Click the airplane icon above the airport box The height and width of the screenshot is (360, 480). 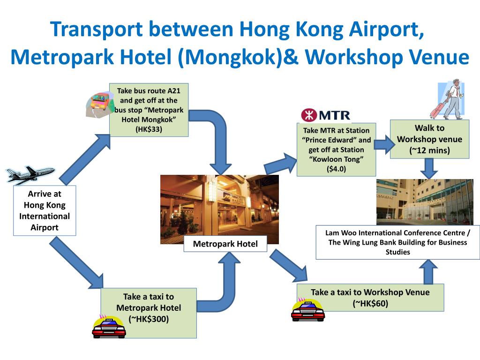tap(30, 175)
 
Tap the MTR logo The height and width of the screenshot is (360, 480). tap(325, 115)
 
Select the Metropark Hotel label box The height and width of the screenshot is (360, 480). tap(225, 244)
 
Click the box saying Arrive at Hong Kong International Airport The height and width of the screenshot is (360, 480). tap(45, 210)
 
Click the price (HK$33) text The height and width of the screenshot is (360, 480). tap(149, 129)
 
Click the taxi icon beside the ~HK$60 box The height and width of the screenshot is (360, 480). tap(308, 310)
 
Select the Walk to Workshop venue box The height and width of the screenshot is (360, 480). tap(429, 139)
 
